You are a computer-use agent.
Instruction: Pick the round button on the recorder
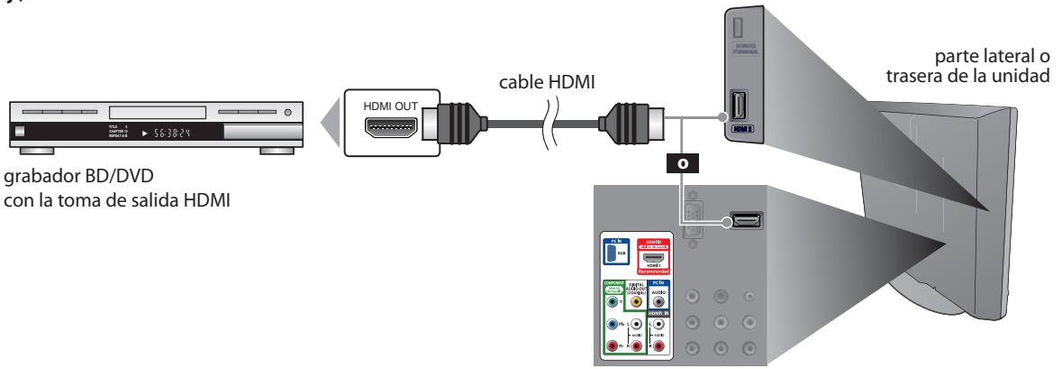tap(287, 114)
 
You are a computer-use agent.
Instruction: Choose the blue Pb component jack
tap(613, 324)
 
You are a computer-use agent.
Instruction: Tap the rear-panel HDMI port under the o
tap(745, 219)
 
